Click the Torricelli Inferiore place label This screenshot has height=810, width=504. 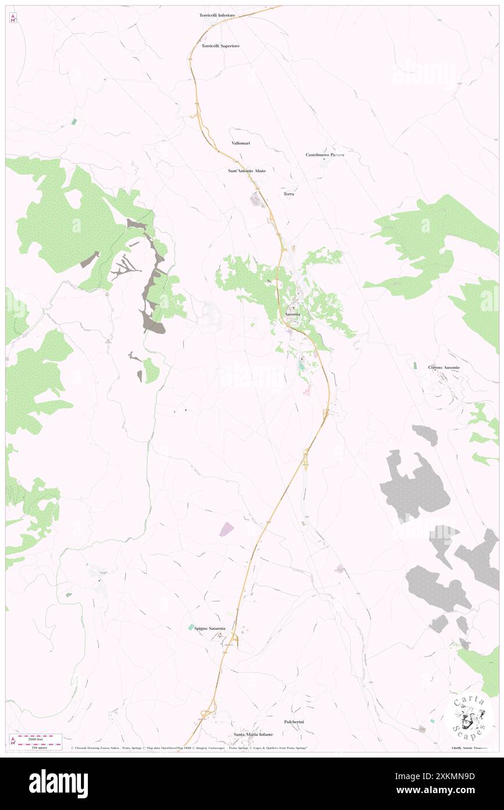[x=218, y=16]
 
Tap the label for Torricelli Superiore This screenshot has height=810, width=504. [x=220, y=45]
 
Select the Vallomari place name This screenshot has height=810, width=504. [x=240, y=143]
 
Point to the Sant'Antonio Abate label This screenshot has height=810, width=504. [x=247, y=171]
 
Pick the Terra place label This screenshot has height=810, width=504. [x=289, y=194]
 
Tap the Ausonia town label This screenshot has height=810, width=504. [x=293, y=315]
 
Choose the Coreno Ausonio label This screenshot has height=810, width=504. [x=444, y=368]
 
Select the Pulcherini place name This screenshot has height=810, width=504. [x=294, y=722]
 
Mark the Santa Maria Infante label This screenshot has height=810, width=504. [x=253, y=735]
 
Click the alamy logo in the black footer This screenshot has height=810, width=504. [x=58, y=784]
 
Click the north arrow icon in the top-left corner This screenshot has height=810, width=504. [x=13, y=17]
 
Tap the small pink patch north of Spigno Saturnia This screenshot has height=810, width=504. [x=226, y=529]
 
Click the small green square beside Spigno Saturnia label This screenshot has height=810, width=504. [x=190, y=627]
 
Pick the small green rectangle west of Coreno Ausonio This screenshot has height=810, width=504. [x=415, y=365]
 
